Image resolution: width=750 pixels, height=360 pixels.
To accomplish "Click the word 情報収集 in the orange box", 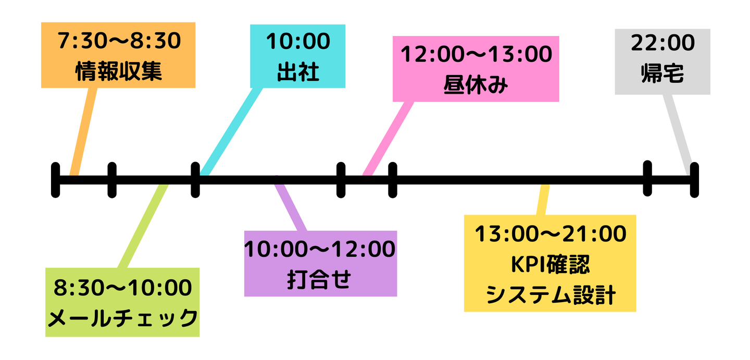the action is pos(119,71).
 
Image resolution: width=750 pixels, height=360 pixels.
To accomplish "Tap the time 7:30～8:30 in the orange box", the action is pos(119,41).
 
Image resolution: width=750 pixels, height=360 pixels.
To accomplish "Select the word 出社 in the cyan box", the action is pos(298,72).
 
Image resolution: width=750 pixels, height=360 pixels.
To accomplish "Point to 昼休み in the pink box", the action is pos(476,85).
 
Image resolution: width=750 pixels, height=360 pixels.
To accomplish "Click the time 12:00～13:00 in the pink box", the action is pos(476,54).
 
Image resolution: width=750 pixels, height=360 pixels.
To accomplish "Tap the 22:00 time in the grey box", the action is pos(662,43).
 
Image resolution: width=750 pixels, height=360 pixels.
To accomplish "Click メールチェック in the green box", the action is pos(122,318).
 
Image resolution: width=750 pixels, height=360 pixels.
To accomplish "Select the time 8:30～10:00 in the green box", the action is pos(122,288).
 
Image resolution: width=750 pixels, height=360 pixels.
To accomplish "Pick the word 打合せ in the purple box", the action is pos(319,279).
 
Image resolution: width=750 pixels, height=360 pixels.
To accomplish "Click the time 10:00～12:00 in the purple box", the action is pos(320,249).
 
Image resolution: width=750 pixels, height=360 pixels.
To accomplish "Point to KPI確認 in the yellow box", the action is pos(550,264).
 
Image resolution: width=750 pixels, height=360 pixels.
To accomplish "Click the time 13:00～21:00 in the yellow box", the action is pos(551,233).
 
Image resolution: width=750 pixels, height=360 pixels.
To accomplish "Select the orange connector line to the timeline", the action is pos(83,132).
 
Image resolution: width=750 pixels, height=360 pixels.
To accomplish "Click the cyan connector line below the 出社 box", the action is pos(231,132).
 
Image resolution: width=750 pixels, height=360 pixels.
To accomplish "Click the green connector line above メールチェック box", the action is pos(143,226).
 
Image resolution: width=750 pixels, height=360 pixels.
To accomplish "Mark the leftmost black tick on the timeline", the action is pos(56,180).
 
